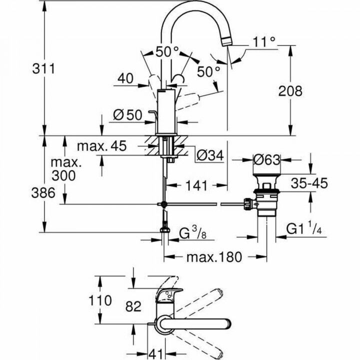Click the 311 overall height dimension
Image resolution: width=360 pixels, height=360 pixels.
(x=43, y=69)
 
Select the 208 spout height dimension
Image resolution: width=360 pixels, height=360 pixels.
(x=290, y=91)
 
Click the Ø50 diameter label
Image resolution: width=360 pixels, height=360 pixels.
(x=127, y=115)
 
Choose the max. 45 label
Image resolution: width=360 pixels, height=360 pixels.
(x=102, y=146)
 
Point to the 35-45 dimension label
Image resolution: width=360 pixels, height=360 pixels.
(x=309, y=183)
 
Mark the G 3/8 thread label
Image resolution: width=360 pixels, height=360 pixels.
(x=192, y=233)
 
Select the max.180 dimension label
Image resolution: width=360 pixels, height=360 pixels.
(x=214, y=257)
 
